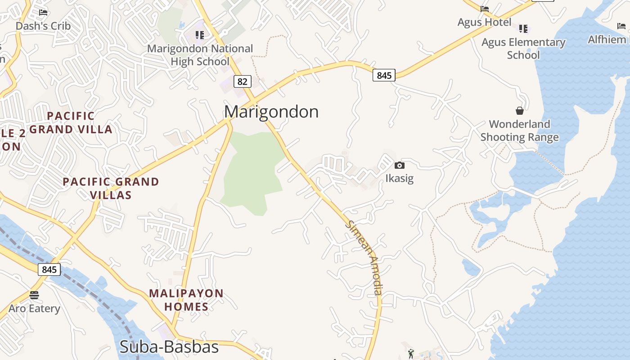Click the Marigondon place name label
[271, 112]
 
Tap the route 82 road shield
[242, 81]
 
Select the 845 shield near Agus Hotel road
[384, 75]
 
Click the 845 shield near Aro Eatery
[49, 270]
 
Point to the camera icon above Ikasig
[399, 165]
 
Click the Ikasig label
[399, 178]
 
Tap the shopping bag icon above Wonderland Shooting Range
[519, 110]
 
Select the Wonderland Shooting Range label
[519, 130]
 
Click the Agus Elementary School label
[523, 49]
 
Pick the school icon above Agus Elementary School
[523, 29]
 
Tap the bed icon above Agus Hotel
[484, 9]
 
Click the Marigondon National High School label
[200, 55]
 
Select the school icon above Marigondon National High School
[200, 35]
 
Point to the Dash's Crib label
[43, 26]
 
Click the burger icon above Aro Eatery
[34, 295]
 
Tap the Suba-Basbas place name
[169, 347]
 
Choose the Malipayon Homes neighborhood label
[186, 300]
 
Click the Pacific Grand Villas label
[111, 188]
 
